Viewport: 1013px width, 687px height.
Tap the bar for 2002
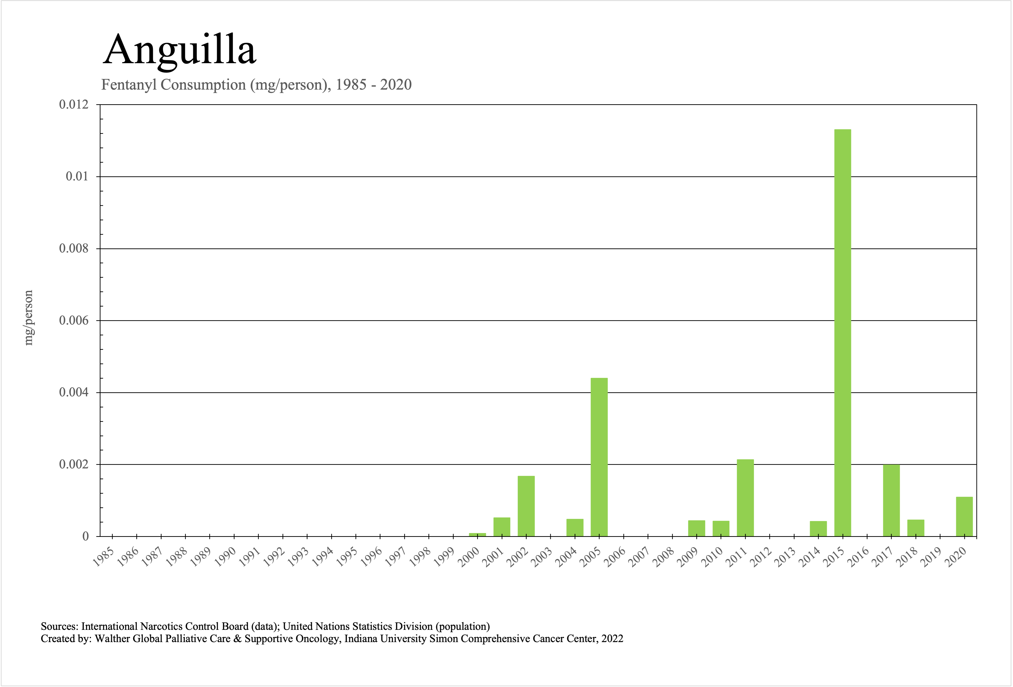pos(526,506)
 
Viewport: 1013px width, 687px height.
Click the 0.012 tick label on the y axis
pos(74,105)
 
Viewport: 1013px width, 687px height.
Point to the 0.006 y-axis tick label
pos(74,321)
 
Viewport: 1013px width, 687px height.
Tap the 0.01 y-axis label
pos(77,177)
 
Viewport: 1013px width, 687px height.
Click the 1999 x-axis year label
pos(444,558)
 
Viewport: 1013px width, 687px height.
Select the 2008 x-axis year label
pos(663,558)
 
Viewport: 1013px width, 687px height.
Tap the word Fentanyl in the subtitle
pos(129,85)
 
